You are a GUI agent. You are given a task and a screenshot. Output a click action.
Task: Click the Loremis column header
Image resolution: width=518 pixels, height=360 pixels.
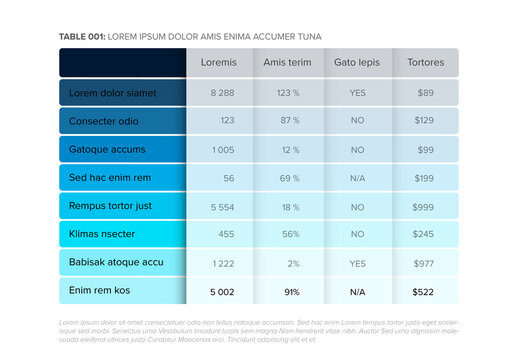[219, 62]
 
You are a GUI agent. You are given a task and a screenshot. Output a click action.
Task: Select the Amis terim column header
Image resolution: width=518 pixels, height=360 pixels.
[289, 62]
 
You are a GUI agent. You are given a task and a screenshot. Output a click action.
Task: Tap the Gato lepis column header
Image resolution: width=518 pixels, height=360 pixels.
[357, 62]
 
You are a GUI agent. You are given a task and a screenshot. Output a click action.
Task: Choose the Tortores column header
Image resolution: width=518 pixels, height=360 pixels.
[426, 62]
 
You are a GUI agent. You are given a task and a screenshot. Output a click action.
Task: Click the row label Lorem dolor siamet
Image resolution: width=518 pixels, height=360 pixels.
[113, 92]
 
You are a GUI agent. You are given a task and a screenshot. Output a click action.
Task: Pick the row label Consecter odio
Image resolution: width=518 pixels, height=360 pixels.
[107, 121]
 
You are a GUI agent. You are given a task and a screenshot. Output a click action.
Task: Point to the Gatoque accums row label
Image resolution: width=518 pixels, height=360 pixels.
[107, 149]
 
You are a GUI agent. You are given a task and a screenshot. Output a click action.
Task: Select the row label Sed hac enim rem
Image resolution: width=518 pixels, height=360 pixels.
[110, 178]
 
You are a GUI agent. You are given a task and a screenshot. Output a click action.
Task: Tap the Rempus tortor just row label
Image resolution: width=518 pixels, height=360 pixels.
[110, 206]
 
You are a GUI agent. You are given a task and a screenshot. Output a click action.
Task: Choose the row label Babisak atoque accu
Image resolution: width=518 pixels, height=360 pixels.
[116, 262]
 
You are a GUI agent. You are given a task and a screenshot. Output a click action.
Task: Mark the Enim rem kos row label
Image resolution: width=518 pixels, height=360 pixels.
[100, 291]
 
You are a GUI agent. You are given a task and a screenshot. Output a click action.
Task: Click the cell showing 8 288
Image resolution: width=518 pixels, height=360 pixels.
[222, 92]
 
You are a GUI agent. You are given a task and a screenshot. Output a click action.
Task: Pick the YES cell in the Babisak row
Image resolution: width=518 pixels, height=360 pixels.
[357, 262]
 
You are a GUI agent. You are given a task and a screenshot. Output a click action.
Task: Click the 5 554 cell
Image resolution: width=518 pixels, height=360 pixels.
[222, 206]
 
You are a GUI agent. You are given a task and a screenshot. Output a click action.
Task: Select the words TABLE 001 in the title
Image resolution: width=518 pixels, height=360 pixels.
[81, 35]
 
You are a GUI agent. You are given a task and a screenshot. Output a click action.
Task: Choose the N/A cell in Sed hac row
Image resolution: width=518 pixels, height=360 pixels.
[357, 178]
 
